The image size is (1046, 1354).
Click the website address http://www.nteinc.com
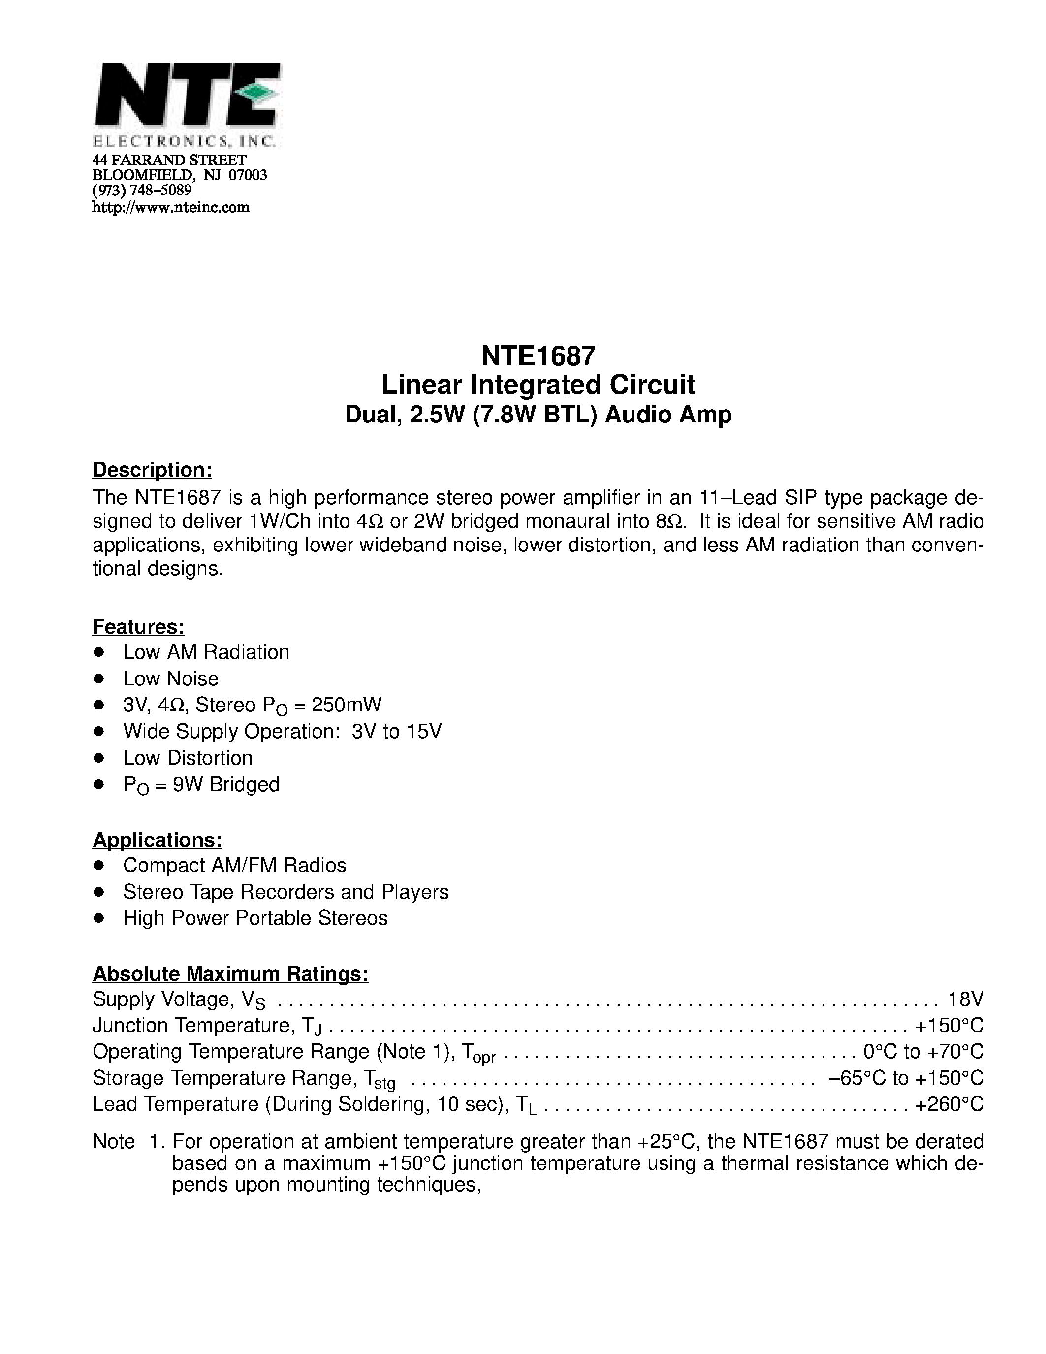[170, 207]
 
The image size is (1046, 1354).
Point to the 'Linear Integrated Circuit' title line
[538, 385]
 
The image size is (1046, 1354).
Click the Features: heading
[138, 627]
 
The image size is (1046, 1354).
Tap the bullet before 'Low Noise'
[98, 679]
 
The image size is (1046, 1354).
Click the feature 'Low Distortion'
[187, 758]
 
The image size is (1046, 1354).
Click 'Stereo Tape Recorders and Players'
[285, 892]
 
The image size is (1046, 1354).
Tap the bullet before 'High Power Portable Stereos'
[98, 918]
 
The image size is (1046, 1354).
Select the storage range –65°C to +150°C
[905, 1078]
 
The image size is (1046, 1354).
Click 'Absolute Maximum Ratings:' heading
[230, 974]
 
